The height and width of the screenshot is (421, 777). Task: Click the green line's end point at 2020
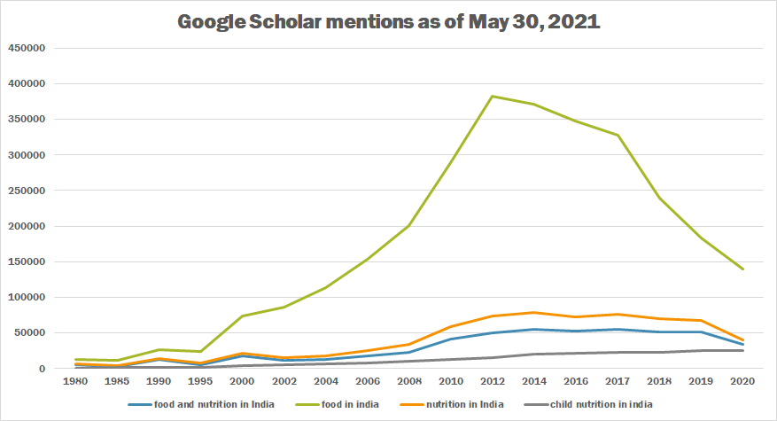[742, 269]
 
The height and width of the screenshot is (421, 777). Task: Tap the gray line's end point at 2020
[742, 350]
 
